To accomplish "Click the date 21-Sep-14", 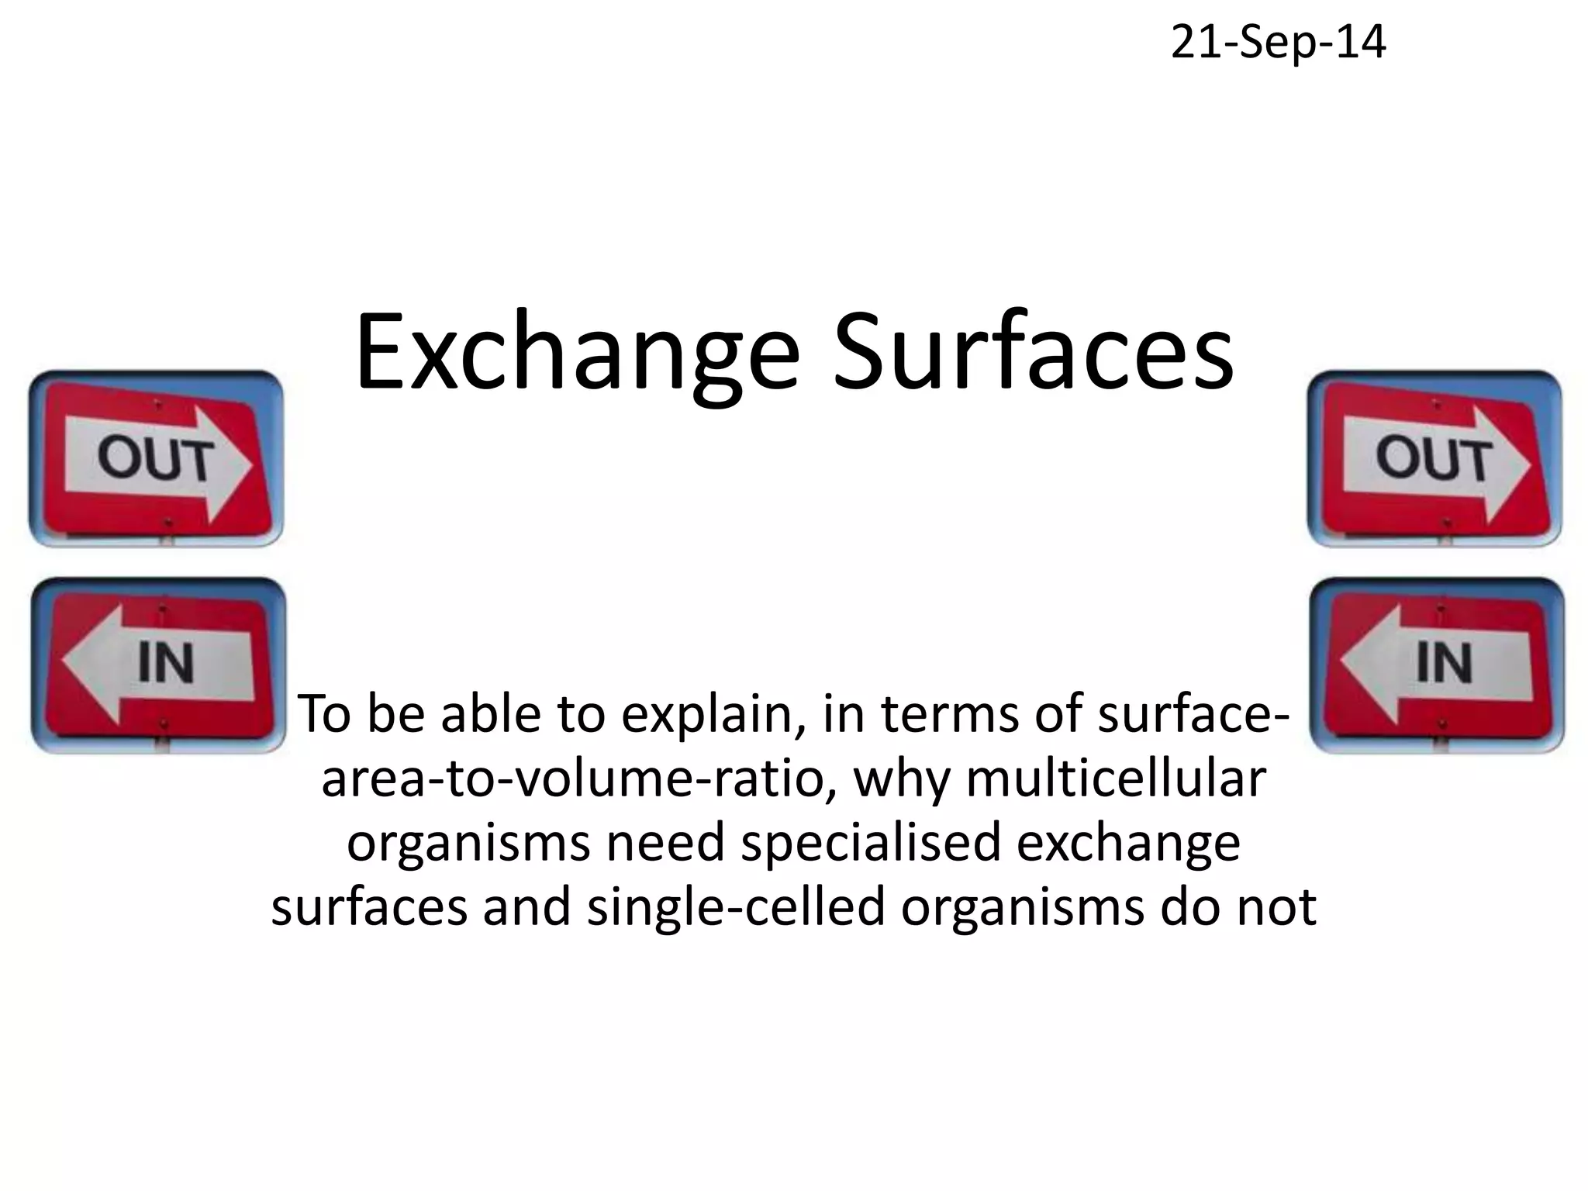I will pos(1278,43).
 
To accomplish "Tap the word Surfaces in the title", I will pos(1033,352).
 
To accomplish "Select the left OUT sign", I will pos(156,459).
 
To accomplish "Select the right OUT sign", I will pos(1434,459).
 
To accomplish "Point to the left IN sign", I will pos(158,665).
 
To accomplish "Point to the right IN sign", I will pos(1436,665).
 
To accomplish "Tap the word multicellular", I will pos(1116,779).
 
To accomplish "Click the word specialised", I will pos(871,844).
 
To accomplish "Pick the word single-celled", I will pos(735,907).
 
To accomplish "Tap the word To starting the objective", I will pos(326,715).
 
